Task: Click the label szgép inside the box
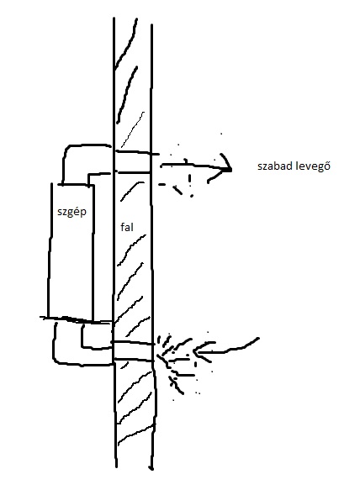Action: coord(72,212)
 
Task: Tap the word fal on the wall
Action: coord(127,227)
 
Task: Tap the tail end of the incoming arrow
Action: coord(258,339)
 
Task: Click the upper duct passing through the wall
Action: coord(134,162)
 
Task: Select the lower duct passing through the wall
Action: coord(133,351)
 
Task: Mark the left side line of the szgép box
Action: coord(50,250)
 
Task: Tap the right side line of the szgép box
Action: coord(93,253)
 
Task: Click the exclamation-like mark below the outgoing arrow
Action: coord(190,184)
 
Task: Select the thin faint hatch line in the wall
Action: coord(133,129)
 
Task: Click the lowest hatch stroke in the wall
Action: coord(135,435)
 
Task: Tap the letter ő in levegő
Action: coord(327,166)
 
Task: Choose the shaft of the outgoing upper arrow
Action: coord(194,166)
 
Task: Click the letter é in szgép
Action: coord(76,211)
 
